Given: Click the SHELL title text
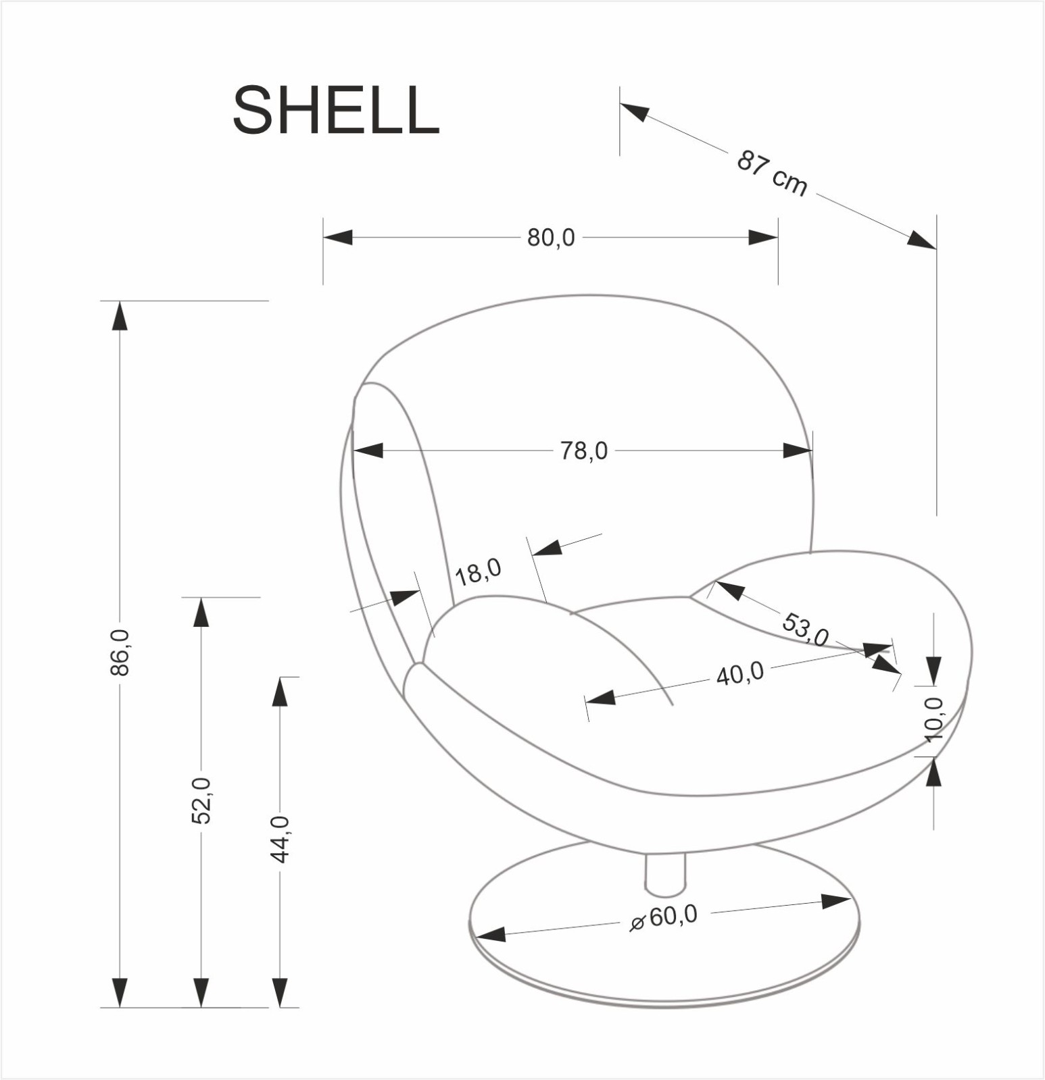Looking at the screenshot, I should [336, 111].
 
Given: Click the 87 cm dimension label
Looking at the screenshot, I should [771, 174].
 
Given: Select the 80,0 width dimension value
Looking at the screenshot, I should [551, 238].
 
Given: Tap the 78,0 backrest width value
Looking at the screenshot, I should [583, 451].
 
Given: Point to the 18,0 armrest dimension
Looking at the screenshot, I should [478, 572].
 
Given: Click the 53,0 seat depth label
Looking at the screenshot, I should [805, 629].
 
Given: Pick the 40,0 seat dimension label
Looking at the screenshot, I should [739, 674].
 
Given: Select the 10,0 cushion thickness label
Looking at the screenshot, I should [933, 720].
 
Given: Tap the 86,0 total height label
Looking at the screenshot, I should [120, 652].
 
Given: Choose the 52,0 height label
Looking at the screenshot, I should [201, 800].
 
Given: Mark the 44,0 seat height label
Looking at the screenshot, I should [280, 839].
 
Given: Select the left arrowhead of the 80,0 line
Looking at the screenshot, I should [337, 238].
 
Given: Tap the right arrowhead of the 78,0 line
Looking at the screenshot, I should [798, 451].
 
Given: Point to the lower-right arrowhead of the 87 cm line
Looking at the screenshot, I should [922, 240].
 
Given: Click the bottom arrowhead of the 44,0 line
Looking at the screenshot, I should [280, 992].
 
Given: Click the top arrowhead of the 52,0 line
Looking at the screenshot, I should [201, 612].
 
